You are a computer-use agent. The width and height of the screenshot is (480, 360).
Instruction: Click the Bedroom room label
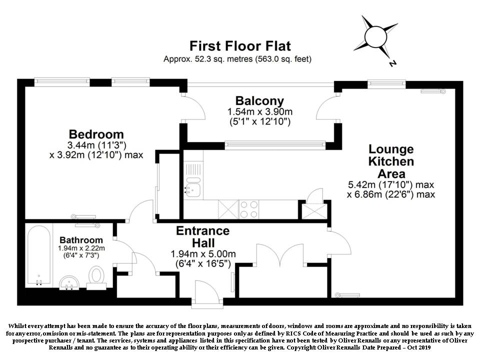96,134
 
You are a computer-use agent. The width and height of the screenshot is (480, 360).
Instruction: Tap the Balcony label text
259,101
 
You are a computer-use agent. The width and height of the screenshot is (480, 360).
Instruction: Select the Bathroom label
81,240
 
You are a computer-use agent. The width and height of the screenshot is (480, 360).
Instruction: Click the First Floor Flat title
240,46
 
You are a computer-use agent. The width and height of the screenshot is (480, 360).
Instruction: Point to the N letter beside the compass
392,63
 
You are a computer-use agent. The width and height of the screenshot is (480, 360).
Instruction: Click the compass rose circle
375,37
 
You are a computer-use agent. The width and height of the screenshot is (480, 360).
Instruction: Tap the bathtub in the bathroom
39,255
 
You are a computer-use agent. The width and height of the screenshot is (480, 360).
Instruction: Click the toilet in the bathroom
96,277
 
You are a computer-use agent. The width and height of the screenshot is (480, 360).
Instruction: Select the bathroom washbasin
69,282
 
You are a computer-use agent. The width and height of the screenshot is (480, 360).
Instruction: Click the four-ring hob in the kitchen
248,209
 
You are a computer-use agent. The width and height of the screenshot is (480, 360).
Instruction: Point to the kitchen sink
193,186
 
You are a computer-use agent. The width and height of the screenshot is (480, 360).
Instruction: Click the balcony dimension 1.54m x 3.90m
259,111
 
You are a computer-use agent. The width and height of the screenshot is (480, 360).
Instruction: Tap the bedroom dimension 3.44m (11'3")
96,145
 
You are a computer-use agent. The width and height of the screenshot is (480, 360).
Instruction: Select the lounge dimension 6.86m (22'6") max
391,194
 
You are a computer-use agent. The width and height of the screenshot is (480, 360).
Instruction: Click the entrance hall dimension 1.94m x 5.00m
203,254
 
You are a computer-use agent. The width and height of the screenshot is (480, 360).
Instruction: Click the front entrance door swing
207,291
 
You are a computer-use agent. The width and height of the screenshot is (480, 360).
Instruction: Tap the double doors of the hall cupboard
280,255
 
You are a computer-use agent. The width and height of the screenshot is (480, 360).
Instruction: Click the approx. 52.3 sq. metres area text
209,59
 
